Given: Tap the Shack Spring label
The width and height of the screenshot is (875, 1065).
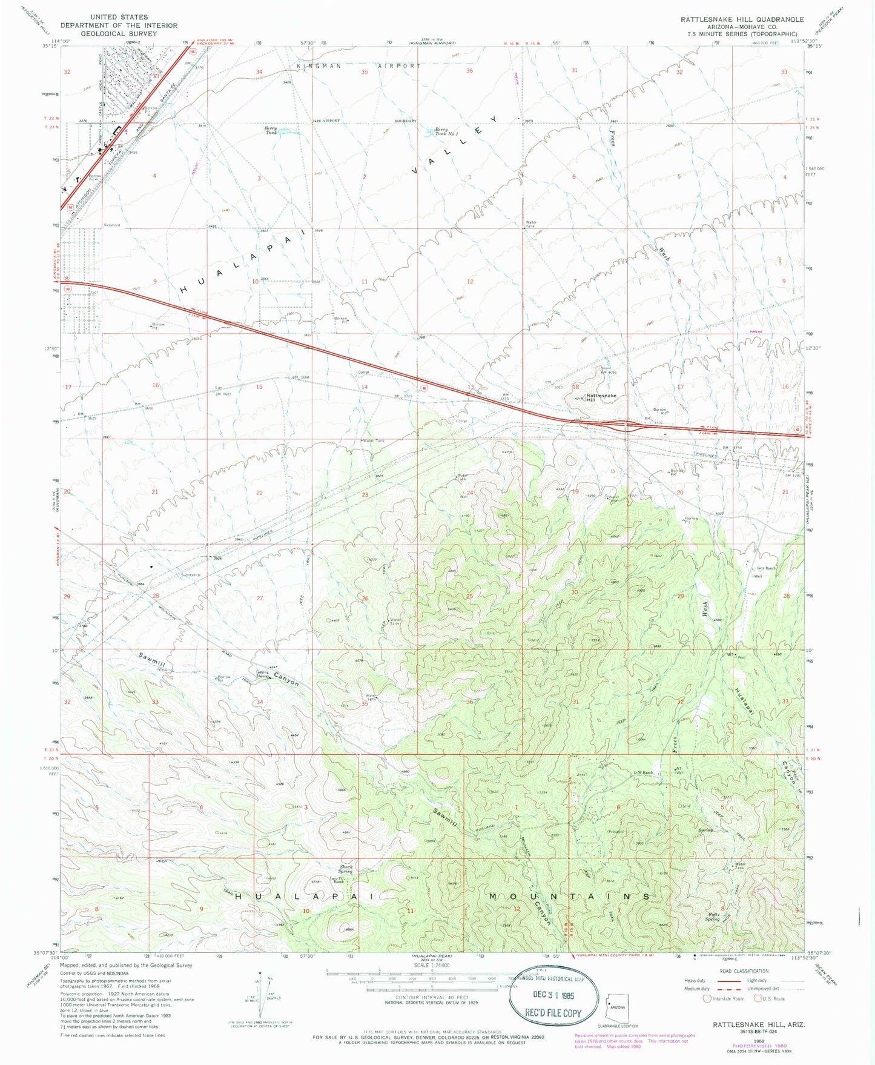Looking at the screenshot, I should click(346, 869).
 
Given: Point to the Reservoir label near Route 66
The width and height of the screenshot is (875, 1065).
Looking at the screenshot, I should click(113, 225).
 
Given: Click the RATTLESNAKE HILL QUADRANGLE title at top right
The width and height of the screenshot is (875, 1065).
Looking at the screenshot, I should click(742, 19).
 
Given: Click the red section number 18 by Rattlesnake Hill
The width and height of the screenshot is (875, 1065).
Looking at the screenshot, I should click(575, 386).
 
